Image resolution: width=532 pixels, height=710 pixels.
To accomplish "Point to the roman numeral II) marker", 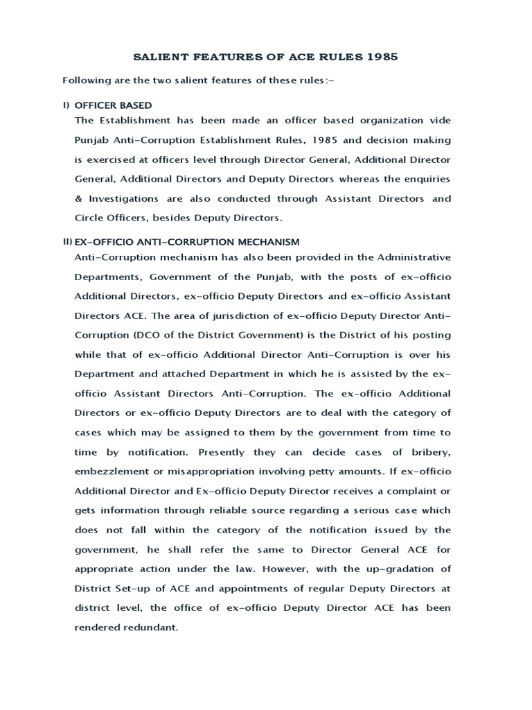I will coord(66,242).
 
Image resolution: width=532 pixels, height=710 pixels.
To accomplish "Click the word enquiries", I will coord(426,179).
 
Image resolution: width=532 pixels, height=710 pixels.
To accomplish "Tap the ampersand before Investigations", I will coord(78,198).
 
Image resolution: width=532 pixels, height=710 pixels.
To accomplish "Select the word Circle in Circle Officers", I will coord(89,218).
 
